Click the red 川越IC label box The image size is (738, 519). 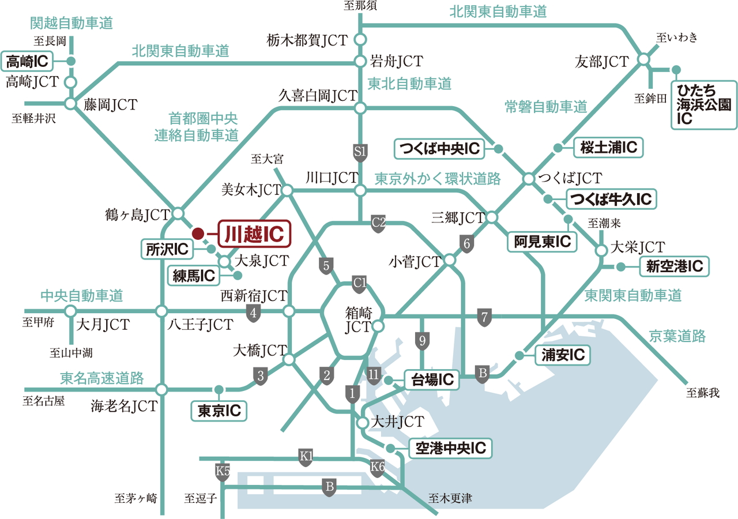click(x=254, y=234)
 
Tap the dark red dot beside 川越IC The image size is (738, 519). click(x=197, y=234)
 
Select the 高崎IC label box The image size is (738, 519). click(x=28, y=60)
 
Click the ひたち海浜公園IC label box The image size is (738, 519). click(x=704, y=104)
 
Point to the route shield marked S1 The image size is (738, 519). click(x=360, y=152)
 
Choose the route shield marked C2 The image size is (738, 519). click(x=378, y=222)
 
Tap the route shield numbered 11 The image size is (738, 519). click(x=374, y=374)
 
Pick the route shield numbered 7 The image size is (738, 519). click(x=485, y=316)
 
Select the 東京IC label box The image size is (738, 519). click(x=219, y=411)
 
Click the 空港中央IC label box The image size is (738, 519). click(x=450, y=448)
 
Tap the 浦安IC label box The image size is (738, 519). click(x=562, y=355)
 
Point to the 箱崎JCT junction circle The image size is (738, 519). click(x=378, y=326)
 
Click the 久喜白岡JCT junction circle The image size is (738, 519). click(x=360, y=108)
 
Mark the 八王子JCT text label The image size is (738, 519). click(x=200, y=325)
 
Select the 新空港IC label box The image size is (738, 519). click(x=674, y=266)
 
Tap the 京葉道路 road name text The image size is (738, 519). click(x=677, y=336)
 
